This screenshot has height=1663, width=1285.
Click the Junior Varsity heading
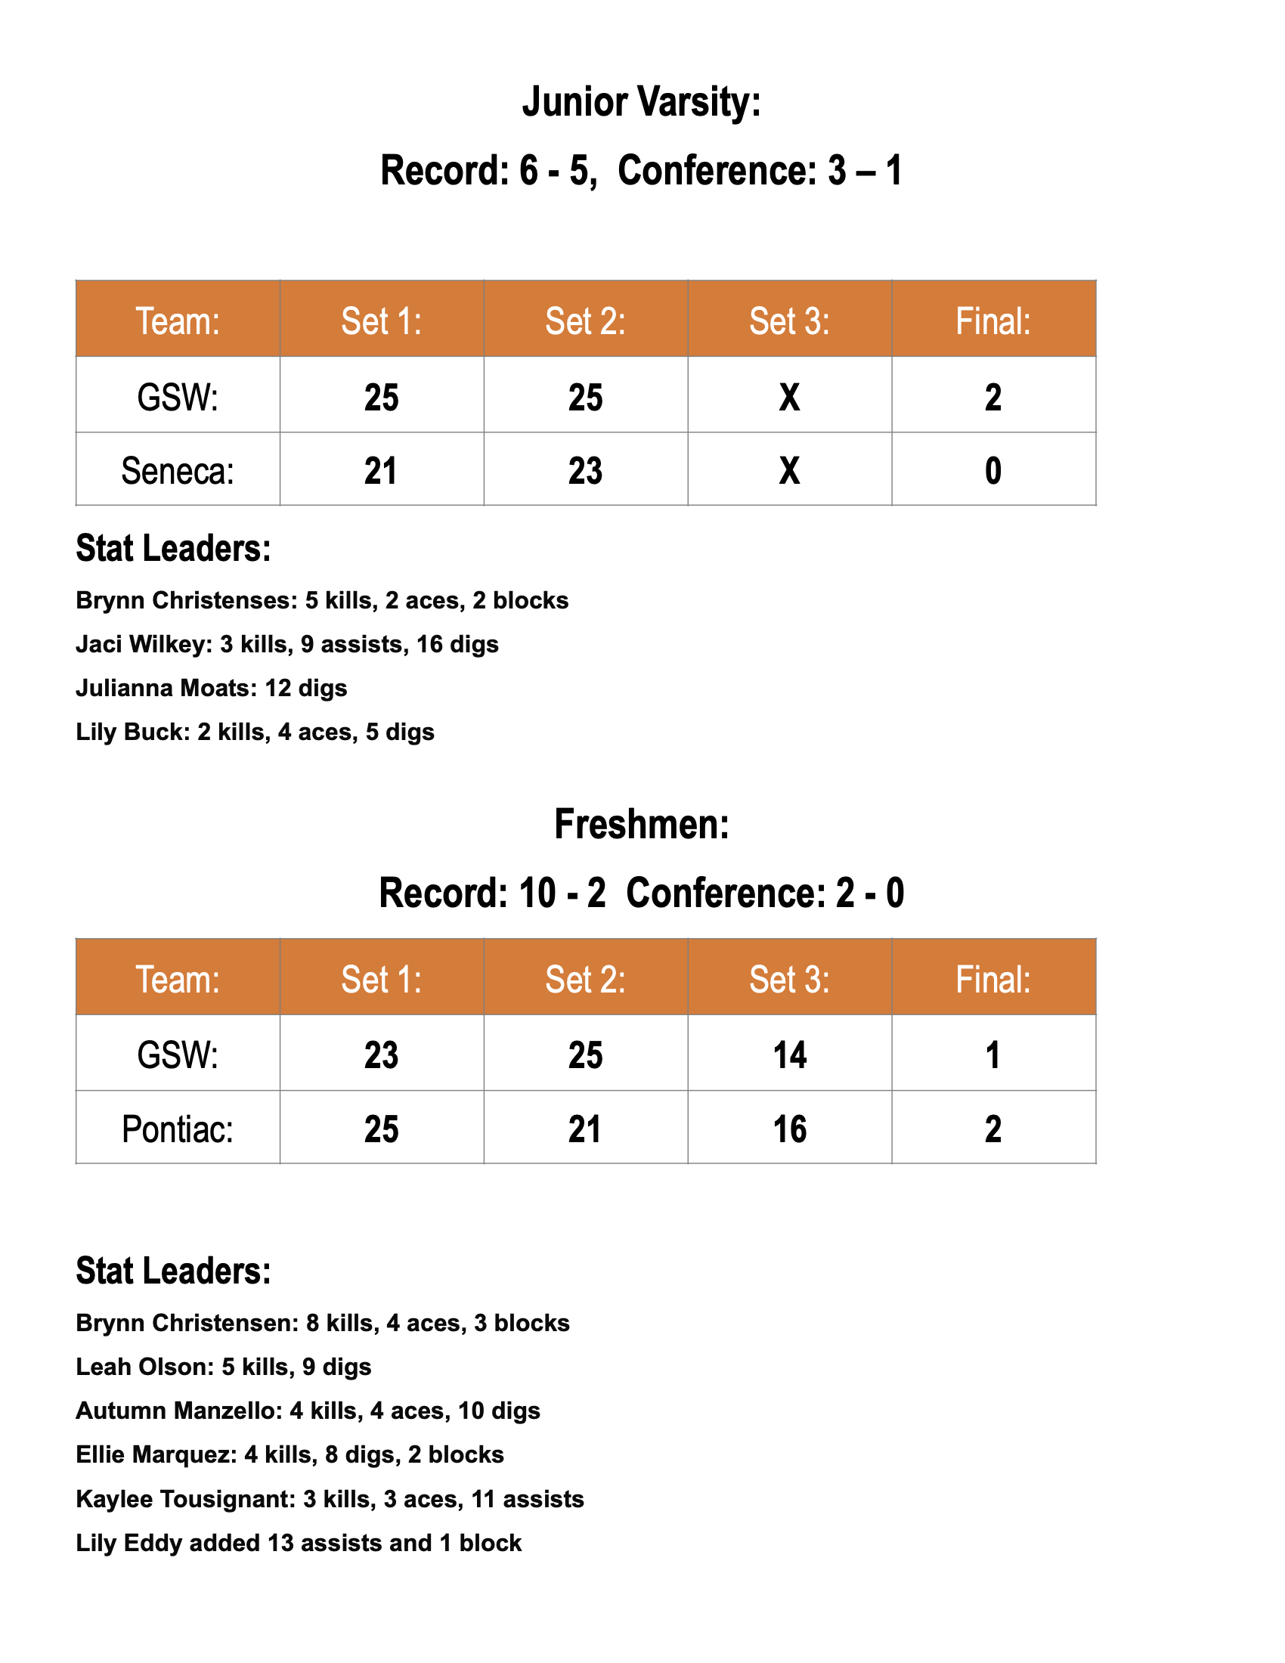[x=641, y=103]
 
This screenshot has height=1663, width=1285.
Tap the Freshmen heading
[x=641, y=825]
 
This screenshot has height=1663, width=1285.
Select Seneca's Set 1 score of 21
[x=381, y=471]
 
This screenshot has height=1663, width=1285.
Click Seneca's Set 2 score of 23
[x=584, y=471]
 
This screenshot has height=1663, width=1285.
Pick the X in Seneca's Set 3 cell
[x=789, y=471]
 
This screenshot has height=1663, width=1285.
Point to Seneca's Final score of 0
[x=992, y=471]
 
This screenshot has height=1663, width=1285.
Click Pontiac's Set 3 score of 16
[x=789, y=1129]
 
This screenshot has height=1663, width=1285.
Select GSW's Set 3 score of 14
[x=789, y=1055]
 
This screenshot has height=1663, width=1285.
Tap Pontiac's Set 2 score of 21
[x=584, y=1129]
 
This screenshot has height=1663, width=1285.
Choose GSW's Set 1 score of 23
[x=381, y=1055]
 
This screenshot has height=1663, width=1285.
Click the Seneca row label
[x=178, y=472]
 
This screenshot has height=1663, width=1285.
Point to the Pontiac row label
[x=178, y=1129]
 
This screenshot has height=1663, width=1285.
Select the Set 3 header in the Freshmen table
[x=789, y=980]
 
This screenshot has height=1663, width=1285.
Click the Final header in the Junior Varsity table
[x=992, y=321]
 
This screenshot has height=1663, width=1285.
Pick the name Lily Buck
[x=132, y=732]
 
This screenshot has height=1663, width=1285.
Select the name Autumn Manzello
[x=179, y=1411]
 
